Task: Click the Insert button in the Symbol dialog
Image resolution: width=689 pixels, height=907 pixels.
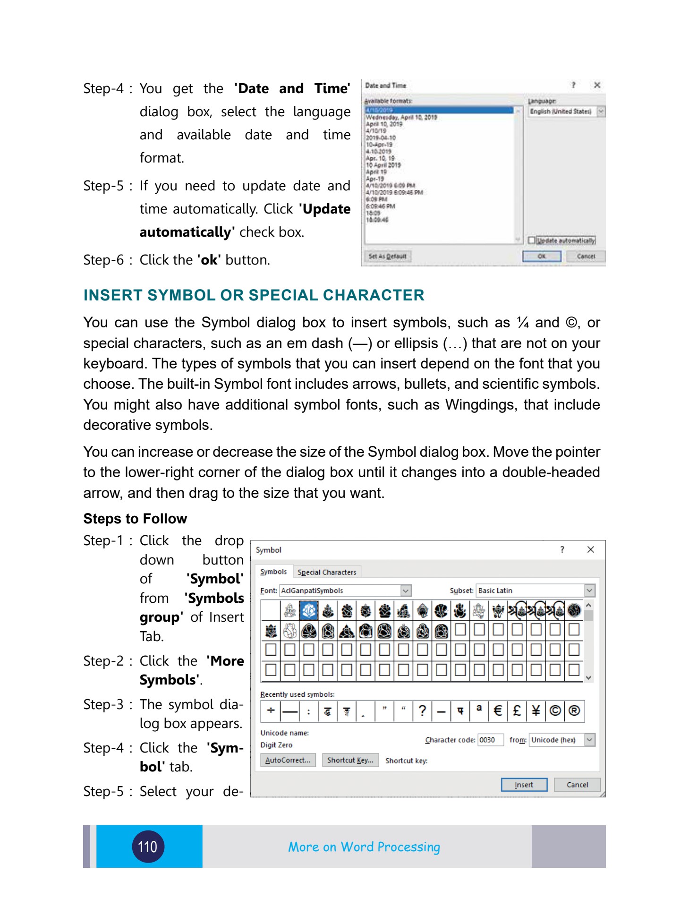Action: [524, 785]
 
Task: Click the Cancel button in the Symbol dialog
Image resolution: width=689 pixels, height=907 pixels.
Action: [577, 785]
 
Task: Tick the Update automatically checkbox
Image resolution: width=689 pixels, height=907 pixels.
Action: [532, 240]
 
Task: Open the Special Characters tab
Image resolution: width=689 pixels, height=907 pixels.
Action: [327, 572]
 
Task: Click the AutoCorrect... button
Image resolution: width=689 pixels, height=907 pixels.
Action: [288, 760]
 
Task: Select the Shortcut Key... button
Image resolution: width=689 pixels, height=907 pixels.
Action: [350, 760]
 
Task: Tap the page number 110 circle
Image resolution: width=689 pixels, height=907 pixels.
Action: [148, 847]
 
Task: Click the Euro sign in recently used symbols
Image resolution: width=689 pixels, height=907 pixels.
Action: [498, 710]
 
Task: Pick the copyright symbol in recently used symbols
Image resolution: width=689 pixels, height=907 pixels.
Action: [555, 710]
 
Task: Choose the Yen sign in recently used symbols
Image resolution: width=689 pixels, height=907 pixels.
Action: [536, 710]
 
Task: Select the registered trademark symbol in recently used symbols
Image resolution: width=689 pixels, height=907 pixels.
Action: [574, 710]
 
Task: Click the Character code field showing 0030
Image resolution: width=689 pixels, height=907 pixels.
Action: [490, 740]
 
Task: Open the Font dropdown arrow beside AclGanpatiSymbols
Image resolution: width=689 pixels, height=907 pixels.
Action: [406, 590]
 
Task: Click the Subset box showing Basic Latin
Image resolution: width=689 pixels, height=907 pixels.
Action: [530, 590]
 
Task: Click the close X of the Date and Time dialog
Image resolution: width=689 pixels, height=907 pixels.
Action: [597, 85]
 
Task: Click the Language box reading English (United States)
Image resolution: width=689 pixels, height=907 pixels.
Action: [561, 111]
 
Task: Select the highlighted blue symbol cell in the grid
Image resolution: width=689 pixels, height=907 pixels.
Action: [309, 611]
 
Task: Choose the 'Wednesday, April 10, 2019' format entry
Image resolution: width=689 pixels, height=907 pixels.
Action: [401, 117]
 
